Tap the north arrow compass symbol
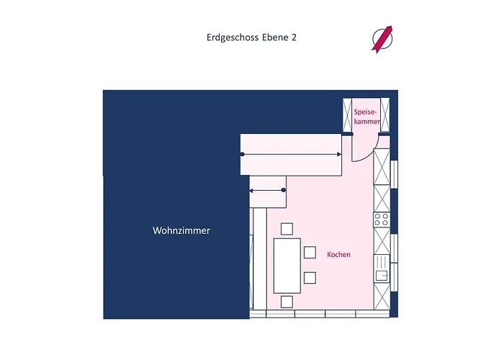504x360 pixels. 382,38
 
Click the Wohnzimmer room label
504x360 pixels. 181,231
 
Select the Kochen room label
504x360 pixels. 338,255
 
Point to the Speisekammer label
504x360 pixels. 367,117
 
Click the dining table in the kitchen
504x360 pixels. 287,264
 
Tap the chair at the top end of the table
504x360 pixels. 287,229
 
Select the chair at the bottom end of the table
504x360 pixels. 287,301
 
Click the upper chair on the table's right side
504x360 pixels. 310,252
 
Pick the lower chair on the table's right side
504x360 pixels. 310,277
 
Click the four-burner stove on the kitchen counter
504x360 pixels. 381,220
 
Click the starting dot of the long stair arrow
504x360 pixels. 242,154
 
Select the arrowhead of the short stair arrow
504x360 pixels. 251,190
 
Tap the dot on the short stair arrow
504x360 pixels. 284,190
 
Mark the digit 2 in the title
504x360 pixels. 294,37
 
